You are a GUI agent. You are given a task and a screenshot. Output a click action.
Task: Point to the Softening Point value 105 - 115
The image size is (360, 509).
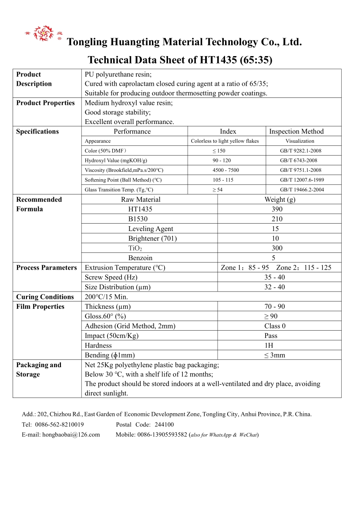(x=223, y=180)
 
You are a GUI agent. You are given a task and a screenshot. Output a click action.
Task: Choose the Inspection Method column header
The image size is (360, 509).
(x=296, y=131)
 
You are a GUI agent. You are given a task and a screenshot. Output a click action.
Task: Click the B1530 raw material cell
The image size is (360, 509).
(x=138, y=219)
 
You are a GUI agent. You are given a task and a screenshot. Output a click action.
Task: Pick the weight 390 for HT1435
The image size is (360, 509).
(x=277, y=209)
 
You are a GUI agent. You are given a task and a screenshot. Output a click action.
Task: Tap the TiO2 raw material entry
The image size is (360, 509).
(x=135, y=248)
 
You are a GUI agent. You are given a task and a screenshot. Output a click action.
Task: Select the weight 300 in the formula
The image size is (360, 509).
(x=277, y=248)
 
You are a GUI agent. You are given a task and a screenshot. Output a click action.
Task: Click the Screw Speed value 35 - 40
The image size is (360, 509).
(x=275, y=277)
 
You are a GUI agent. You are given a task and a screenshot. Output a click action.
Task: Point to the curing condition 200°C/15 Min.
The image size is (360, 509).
(x=106, y=297)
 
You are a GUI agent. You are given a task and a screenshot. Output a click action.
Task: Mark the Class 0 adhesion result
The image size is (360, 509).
(x=275, y=326)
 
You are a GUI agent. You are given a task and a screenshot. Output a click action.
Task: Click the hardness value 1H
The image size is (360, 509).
(x=275, y=345)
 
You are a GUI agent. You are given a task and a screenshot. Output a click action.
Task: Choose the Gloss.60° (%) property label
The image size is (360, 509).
(x=105, y=316)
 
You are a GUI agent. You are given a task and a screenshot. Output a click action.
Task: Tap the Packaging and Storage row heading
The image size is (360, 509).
(x=39, y=370)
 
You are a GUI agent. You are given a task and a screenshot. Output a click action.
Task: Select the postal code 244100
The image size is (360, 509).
(x=164, y=425)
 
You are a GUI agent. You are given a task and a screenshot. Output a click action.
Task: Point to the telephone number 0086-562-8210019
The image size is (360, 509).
(x=59, y=425)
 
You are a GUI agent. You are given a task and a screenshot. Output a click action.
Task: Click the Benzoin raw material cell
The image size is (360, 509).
(x=140, y=258)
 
